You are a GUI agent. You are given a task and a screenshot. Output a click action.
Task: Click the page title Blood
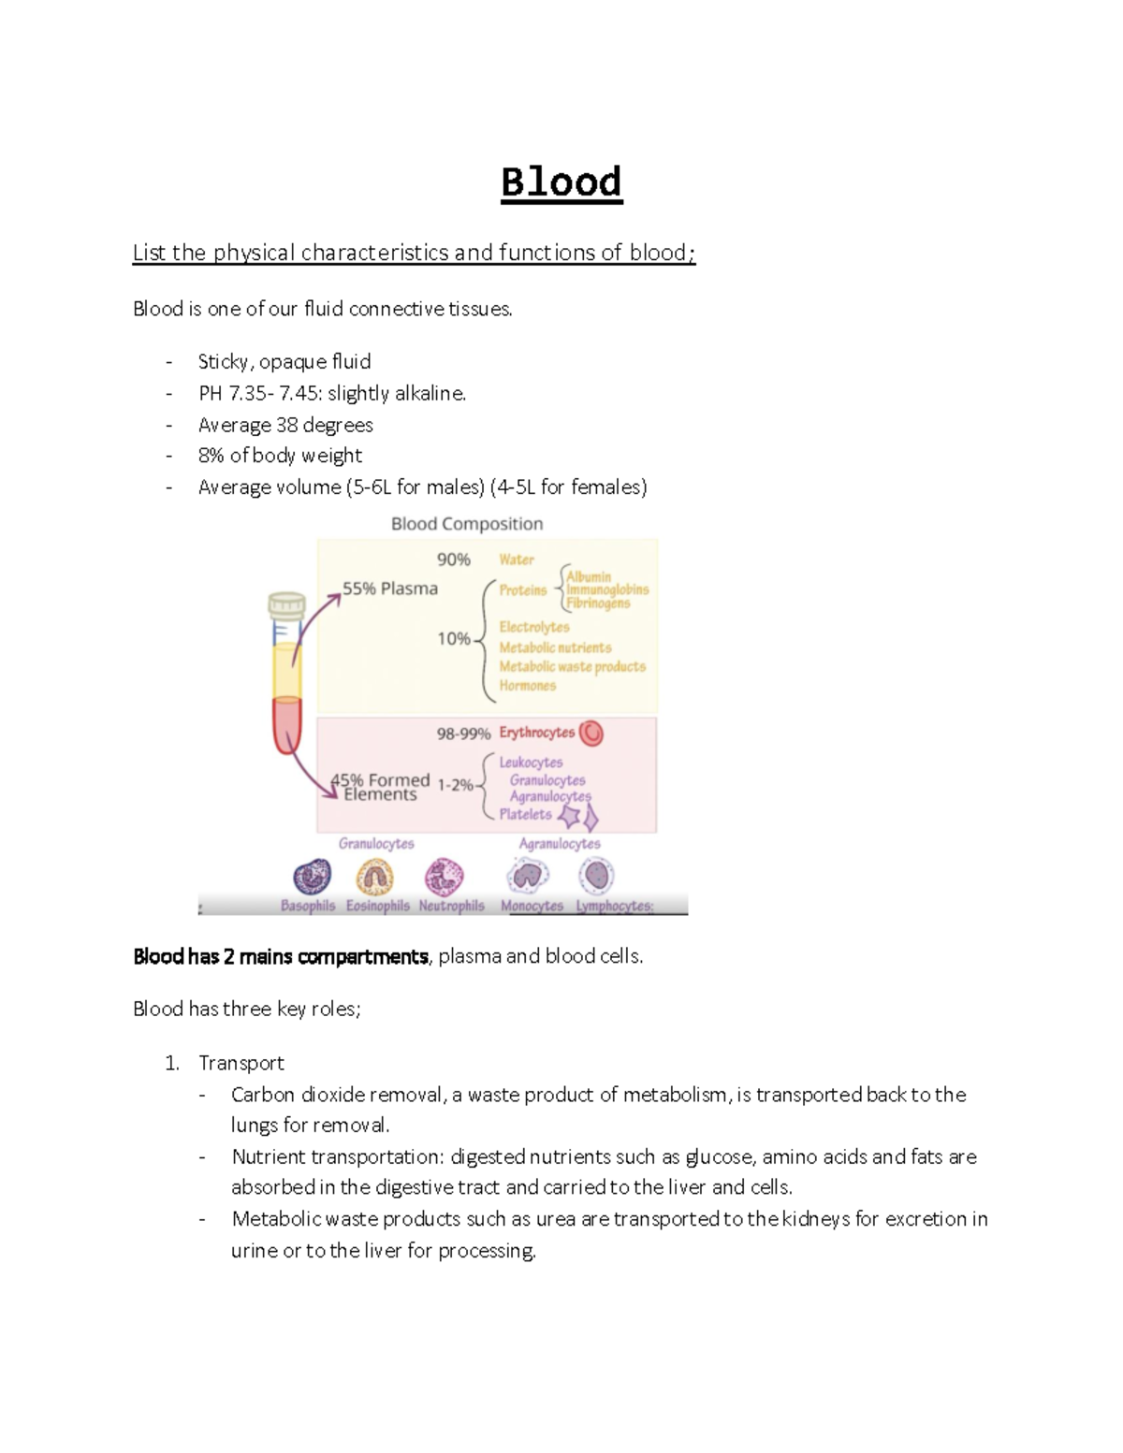click(561, 182)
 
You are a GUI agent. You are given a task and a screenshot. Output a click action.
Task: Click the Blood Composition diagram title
click(467, 524)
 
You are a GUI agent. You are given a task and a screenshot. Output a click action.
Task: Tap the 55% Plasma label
click(390, 588)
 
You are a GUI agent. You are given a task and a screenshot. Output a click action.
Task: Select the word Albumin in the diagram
click(589, 576)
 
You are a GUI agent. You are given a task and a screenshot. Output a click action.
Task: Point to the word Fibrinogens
click(598, 603)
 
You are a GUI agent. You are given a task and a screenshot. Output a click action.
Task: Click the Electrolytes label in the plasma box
click(534, 627)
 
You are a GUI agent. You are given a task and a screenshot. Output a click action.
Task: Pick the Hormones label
click(528, 686)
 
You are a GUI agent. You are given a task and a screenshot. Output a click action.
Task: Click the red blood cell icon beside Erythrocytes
click(591, 734)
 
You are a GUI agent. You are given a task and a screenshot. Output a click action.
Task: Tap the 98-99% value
click(463, 734)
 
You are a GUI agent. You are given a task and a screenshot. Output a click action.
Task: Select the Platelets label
click(525, 814)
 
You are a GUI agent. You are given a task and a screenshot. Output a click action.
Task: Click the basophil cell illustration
click(312, 878)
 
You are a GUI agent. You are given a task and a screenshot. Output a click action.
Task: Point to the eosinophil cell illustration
click(375, 878)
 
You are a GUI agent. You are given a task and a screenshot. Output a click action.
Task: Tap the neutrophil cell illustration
click(444, 878)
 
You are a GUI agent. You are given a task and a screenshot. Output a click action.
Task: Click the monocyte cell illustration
click(529, 877)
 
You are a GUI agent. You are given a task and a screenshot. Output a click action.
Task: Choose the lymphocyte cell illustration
click(596, 877)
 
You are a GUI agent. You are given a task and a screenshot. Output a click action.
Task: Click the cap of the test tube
click(286, 604)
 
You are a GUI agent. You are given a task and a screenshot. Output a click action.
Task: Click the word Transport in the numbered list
click(241, 1063)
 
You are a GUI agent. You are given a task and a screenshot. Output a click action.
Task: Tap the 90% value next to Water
click(454, 559)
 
